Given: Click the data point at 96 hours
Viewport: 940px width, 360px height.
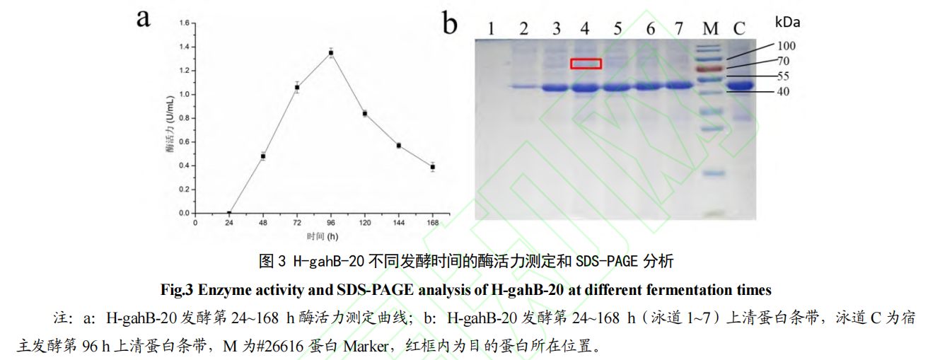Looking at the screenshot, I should [x=330, y=53].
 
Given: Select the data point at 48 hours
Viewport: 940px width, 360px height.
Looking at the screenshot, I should [x=263, y=156].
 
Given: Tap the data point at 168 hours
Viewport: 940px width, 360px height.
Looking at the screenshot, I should [x=432, y=167].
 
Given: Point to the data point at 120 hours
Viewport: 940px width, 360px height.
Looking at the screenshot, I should [x=364, y=113].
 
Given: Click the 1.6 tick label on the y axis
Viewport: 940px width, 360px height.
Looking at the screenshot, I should [x=184, y=23].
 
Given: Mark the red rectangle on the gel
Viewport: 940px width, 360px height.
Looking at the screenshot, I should [x=586, y=64].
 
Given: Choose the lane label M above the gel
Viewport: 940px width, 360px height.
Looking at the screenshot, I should [x=710, y=28].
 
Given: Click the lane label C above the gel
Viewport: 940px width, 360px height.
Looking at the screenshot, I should [x=739, y=28].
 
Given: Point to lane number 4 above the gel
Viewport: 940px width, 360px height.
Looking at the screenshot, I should [x=584, y=28].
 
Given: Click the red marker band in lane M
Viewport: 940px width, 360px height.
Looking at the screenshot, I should [x=711, y=69].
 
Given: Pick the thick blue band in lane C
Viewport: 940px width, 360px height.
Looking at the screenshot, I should [x=740, y=86].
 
